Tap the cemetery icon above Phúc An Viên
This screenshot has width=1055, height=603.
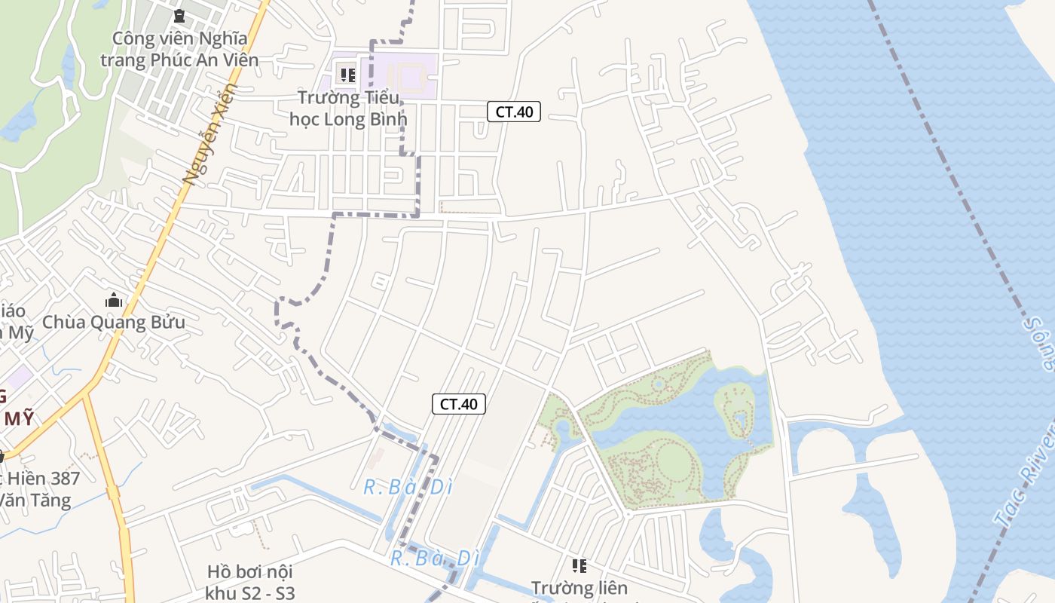coord(179,16)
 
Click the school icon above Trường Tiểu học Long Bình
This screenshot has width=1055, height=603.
coord(347,75)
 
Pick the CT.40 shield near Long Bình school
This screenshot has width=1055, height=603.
coord(514,112)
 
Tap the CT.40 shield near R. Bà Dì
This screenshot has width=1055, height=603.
coord(459,404)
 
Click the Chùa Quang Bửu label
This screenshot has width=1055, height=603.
coord(114,323)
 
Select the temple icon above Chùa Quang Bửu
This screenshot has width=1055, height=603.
coord(114,300)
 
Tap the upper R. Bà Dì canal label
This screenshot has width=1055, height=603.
coord(408,488)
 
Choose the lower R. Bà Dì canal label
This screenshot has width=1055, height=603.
coord(435,559)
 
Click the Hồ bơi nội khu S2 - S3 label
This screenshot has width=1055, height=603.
coord(250,582)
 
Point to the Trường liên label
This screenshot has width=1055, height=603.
coord(579,587)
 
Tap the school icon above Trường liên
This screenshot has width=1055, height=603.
coord(579,565)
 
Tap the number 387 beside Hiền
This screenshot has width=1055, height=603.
coord(60,478)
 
